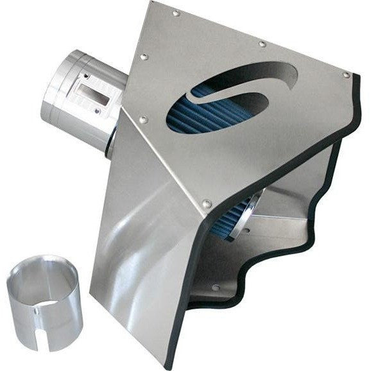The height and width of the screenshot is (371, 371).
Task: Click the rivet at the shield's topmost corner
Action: (x=176, y=12)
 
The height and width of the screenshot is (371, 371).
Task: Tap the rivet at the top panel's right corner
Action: (x=347, y=75)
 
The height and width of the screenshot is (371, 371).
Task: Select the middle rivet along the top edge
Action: (x=263, y=44)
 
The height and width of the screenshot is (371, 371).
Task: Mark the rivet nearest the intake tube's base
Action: (x=142, y=120)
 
